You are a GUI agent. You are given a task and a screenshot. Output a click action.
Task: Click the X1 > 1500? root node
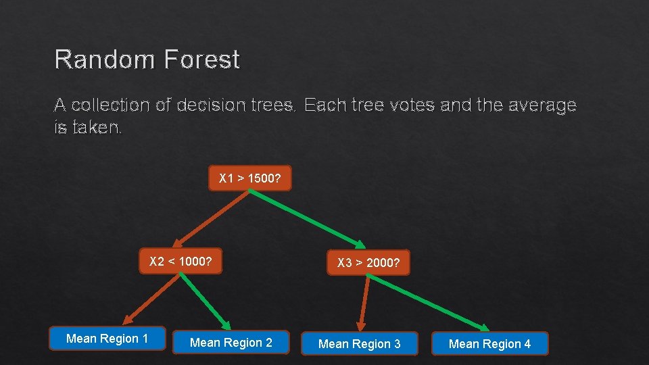point(249,178)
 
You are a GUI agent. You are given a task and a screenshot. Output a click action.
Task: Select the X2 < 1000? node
point(181,262)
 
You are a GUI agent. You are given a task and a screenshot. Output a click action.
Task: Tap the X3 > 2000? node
point(368,263)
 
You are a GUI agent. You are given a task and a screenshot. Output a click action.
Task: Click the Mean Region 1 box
point(107,339)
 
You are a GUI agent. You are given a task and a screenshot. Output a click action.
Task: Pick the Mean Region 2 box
point(231,343)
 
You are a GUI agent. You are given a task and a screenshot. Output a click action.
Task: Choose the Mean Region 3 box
point(359,344)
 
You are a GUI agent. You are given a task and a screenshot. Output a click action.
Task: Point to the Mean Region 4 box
point(489,344)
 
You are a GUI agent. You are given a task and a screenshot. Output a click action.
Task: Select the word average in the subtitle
point(537,105)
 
